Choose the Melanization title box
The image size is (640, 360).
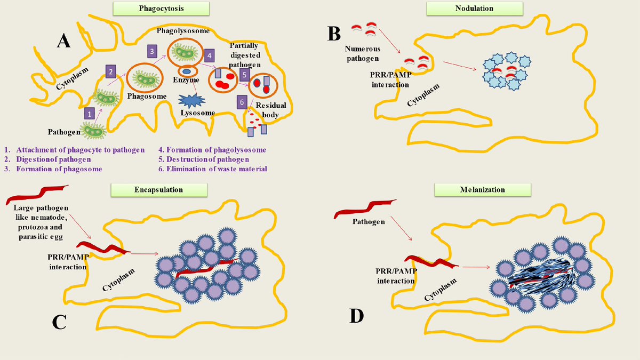pos(483,189)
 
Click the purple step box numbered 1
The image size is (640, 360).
pos(90,113)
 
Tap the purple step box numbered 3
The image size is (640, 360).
pos(152,51)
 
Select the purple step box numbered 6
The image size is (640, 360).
pos(242,101)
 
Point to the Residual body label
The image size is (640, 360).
pos(271,110)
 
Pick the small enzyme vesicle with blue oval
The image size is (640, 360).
pos(187,71)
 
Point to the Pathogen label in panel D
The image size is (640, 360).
pos(367,222)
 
